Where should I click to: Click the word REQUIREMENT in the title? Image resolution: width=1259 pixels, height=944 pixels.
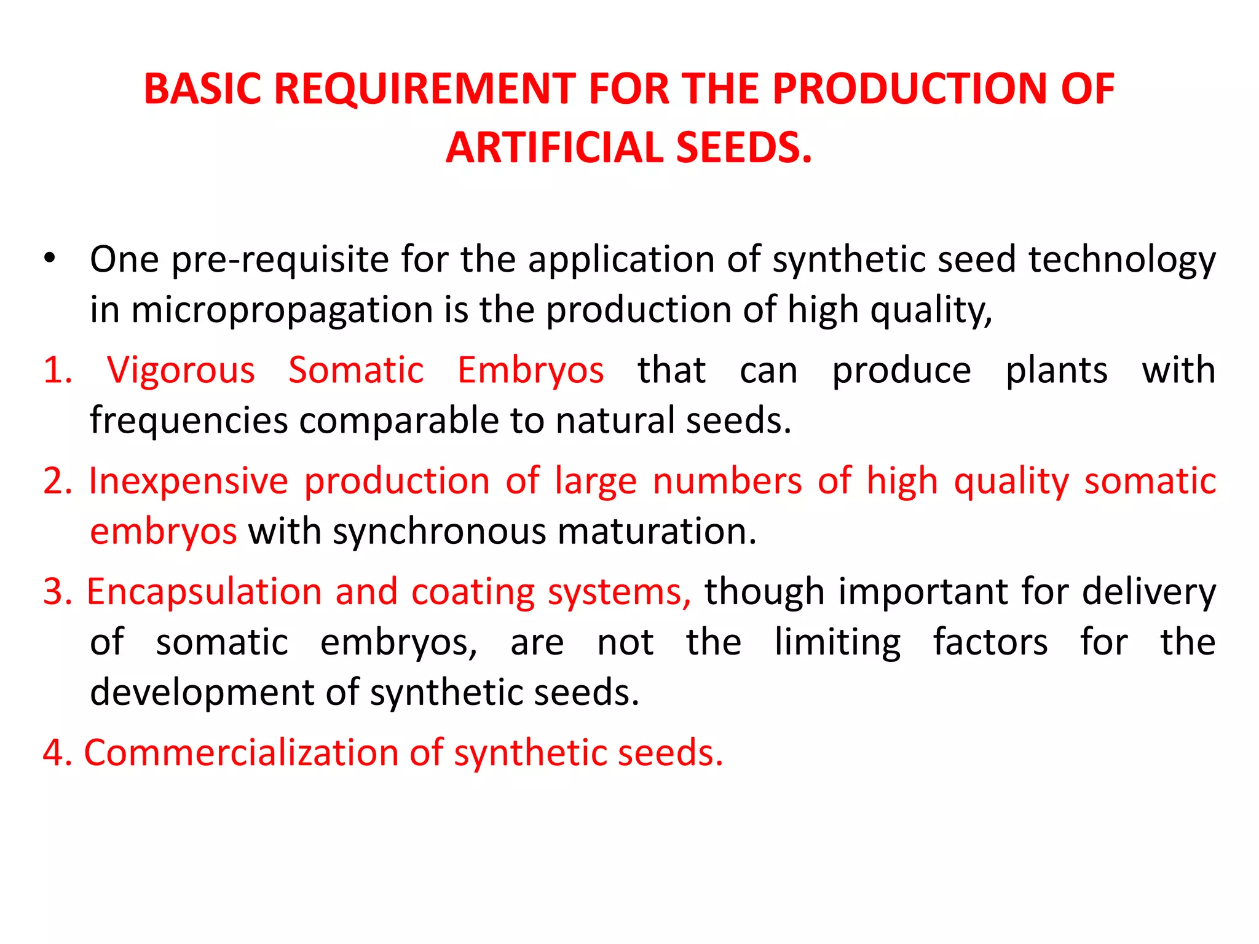[x=424, y=89]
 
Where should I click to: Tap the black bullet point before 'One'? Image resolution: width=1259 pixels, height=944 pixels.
[x=50, y=258]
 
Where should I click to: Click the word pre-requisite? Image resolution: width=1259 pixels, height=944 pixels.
[x=280, y=259]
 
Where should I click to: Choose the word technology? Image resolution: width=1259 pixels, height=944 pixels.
[x=1122, y=259]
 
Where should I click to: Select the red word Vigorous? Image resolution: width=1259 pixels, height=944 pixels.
[x=181, y=371]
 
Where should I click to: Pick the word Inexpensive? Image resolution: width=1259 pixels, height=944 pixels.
[x=188, y=481]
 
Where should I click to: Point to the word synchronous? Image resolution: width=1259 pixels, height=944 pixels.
[x=439, y=532]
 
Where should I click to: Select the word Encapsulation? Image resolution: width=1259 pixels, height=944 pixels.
[x=204, y=592]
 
